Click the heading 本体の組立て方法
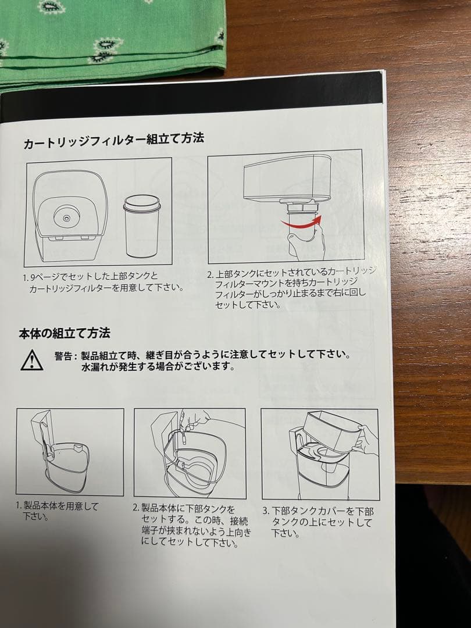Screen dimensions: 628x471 [x=64, y=334]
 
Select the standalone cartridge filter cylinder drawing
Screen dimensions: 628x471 [x=141, y=226]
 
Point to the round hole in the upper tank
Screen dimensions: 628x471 [x=66, y=216]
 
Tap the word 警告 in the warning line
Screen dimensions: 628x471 [x=65, y=355]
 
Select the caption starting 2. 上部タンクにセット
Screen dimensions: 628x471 [x=291, y=288]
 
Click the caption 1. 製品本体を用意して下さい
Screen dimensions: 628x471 [x=58, y=511]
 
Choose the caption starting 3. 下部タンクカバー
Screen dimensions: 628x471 [x=320, y=522]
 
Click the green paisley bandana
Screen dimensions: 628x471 [x=110, y=35]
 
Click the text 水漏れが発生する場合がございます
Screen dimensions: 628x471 [x=158, y=367]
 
